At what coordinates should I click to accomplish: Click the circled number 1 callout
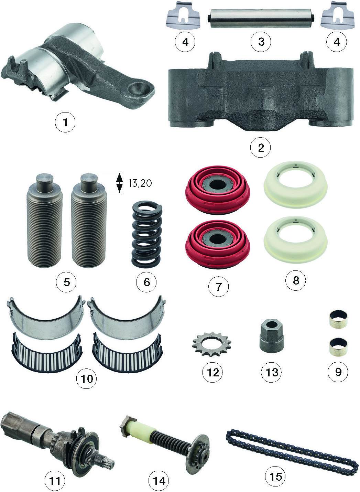pyautogui.click(x=65, y=122)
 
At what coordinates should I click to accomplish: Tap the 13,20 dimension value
pyautogui.click(x=140, y=183)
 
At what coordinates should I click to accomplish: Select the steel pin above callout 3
pyautogui.click(x=261, y=19)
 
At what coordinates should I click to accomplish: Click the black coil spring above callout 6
pyautogui.click(x=146, y=234)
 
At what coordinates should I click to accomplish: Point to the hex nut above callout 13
pyautogui.click(x=272, y=336)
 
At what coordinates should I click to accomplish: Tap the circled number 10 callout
pyautogui.click(x=86, y=378)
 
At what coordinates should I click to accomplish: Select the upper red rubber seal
pyautogui.click(x=218, y=190)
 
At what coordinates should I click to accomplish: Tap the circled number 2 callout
pyautogui.click(x=260, y=147)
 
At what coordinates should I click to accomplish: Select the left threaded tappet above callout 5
pyautogui.click(x=44, y=220)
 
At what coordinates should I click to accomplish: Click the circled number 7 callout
pyautogui.click(x=218, y=286)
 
